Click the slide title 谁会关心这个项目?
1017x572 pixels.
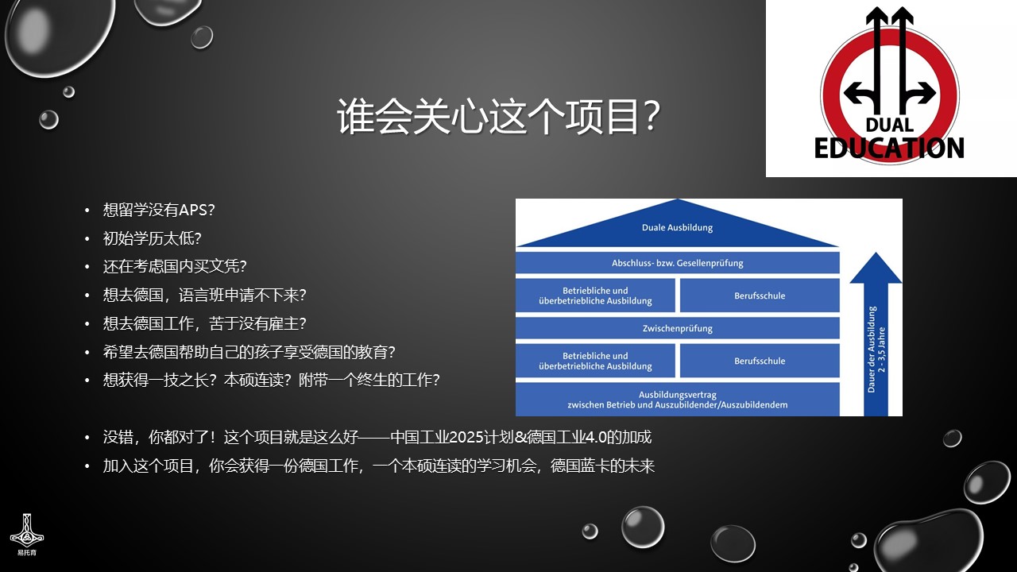pos(498,117)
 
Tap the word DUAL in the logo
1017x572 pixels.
pos(889,125)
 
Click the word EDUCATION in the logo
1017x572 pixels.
pos(889,148)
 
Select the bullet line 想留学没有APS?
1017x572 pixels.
pos(159,210)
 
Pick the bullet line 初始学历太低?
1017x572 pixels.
pos(152,238)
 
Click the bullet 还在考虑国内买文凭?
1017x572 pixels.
pos(175,266)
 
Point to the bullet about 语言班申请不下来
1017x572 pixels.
pos(205,295)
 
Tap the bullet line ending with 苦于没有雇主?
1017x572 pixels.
pos(205,323)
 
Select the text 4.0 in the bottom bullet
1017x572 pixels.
pos(596,437)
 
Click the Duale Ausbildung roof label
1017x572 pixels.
pos(677,227)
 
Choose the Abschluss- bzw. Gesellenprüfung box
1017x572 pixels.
pos(678,263)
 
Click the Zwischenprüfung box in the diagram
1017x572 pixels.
pos(678,328)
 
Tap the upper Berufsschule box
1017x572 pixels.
pos(760,296)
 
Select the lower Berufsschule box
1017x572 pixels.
pos(760,361)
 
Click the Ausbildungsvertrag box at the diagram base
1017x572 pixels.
pos(678,400)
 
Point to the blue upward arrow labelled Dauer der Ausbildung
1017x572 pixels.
pos(876,334)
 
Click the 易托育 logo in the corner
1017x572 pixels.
pos(27,535)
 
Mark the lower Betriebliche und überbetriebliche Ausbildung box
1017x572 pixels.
pos(595,361)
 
